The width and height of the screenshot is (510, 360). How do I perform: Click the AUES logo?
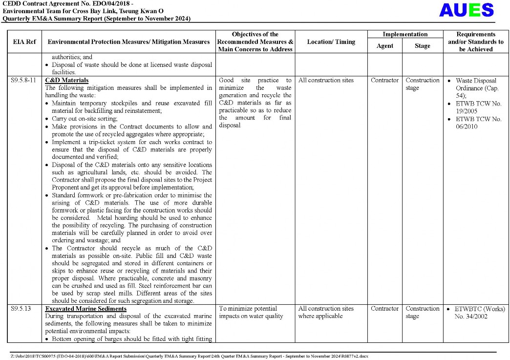466,10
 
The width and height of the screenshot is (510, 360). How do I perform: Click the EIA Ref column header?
24,42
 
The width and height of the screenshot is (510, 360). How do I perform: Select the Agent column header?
384,46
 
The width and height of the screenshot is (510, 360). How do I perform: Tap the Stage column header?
422,46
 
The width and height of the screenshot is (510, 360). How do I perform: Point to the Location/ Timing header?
331,42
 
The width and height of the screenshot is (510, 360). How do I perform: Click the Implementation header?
404,34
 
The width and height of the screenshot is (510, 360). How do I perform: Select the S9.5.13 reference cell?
21,309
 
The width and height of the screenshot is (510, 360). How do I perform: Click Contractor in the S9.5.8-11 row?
384,80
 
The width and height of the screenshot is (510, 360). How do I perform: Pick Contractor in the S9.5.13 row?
384,309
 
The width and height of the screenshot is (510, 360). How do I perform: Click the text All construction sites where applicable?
326,312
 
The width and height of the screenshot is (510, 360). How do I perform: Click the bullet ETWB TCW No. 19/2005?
478,107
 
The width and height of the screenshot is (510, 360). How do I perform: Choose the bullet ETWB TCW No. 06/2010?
478,123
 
